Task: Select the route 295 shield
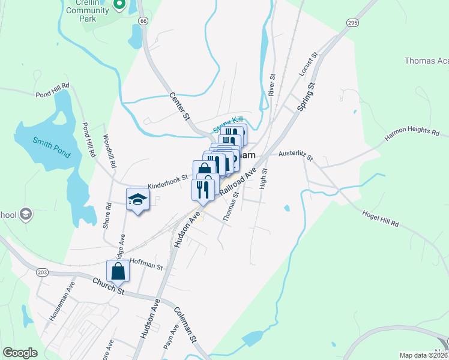coord(353,22)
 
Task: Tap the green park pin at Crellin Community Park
coord(119,5)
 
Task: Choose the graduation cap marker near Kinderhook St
coord(137,200)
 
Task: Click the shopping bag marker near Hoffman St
coord(118,271)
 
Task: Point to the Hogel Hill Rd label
coord(381,221)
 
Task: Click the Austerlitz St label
coord(296,156)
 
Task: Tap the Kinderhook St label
coord(168,182)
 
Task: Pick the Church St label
coord(108,286)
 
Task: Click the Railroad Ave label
coord(238,181)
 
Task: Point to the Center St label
coord(179,105)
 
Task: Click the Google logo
coord(20,353)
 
